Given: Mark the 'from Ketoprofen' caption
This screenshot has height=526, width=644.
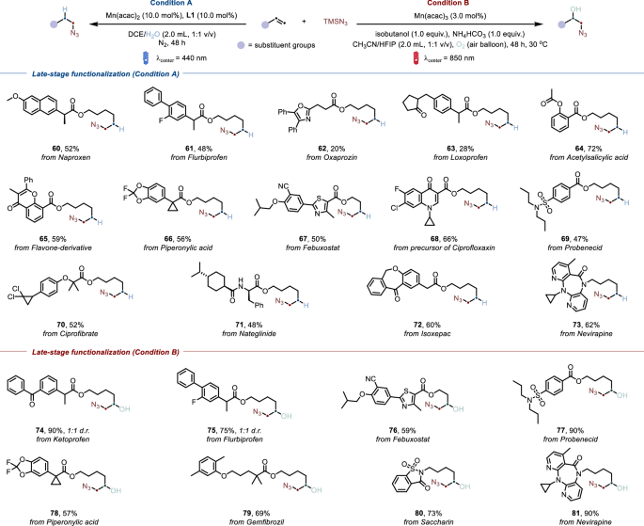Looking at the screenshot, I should pos(55,430).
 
